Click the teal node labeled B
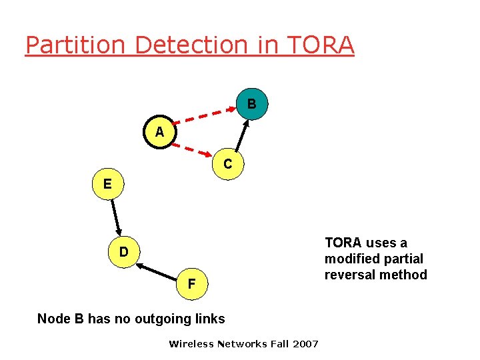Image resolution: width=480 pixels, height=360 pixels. coord(251,104)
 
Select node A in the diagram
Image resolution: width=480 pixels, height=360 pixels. coord(159,132)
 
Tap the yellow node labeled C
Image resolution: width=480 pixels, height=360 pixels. coord(227,163)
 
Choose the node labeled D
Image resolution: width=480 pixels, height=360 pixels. coord(123,253)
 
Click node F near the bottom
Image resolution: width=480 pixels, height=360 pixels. coord(191,284)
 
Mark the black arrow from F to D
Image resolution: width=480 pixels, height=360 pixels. coord(157,269)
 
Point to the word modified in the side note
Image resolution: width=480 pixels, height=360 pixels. coord(350,259)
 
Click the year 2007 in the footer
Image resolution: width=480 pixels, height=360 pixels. coord(305,344)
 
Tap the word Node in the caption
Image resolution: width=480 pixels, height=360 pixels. coord(53,319)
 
